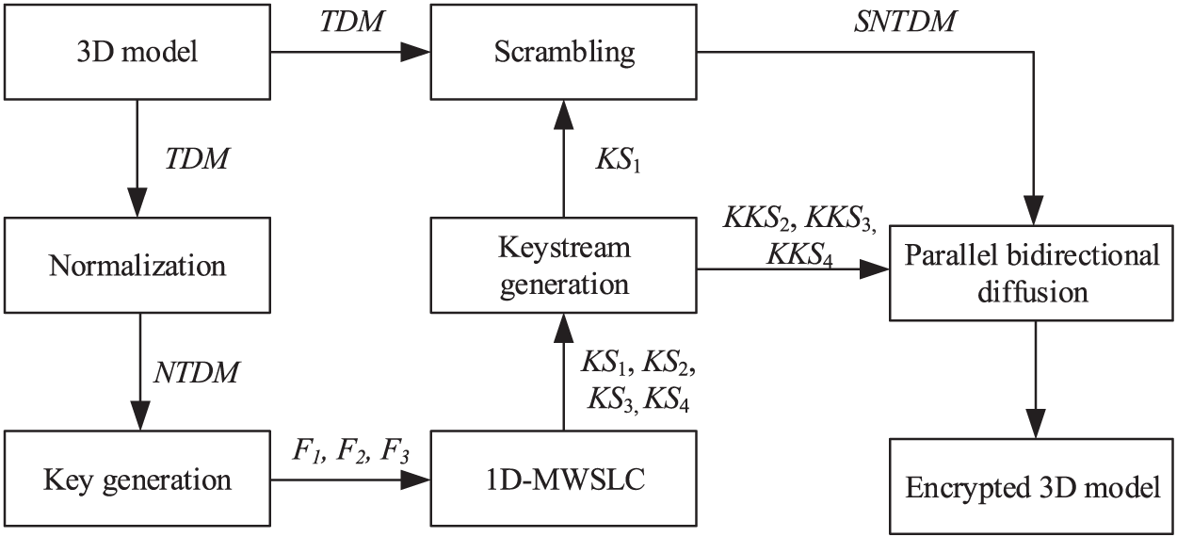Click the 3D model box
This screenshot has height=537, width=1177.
pyautogui.click(x=137, y=52)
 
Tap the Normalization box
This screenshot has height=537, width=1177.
pyautogui.click(x=137, y=265)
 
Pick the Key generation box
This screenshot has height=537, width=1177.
pyautogui.click(x=137, y=480)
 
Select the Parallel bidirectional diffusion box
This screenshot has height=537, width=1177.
pyautogui.click(x=1033, y=273)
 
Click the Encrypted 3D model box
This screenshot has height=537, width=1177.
pyautogui.click(x=1033, y=487)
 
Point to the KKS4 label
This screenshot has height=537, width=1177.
pyautogui.click(x=801, y=253)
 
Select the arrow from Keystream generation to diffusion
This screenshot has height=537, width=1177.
pyautogui.click(x=791, y=271)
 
